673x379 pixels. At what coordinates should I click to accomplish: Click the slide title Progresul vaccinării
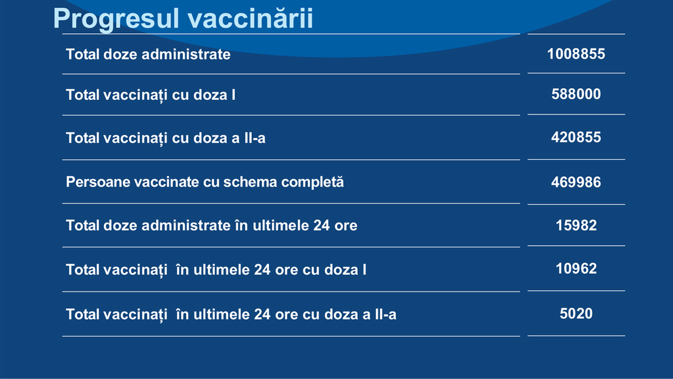(x=183, y=19)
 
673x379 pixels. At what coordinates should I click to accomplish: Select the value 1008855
(x=576, y=54)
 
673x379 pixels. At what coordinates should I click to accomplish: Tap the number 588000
(x=576, y=94)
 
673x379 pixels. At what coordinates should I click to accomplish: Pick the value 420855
(x=576, y=138)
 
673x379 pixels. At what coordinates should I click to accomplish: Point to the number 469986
(x=576, y=182)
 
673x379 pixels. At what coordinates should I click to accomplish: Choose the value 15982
(x=576, y=226)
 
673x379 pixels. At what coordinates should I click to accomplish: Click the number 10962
(x=576, y=268)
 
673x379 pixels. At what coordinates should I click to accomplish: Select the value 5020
(x=576, y=313)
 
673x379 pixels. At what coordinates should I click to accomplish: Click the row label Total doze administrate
(x=148, y=54)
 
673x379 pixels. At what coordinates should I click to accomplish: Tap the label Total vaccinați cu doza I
(x=150, y=95)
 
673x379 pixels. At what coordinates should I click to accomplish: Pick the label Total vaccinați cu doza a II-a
(x=165, y=138)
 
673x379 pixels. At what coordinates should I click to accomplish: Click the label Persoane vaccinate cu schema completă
(x=205, y=182)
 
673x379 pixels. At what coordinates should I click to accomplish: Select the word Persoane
(x=98, y=182)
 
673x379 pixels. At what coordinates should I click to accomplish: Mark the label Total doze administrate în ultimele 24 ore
(x=211, y=226)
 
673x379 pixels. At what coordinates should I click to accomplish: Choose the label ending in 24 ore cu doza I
(x=216, y=270)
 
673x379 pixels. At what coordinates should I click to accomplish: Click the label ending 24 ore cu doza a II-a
(x=231, y=314)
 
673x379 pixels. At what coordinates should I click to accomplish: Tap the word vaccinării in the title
(x=251, y=19)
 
